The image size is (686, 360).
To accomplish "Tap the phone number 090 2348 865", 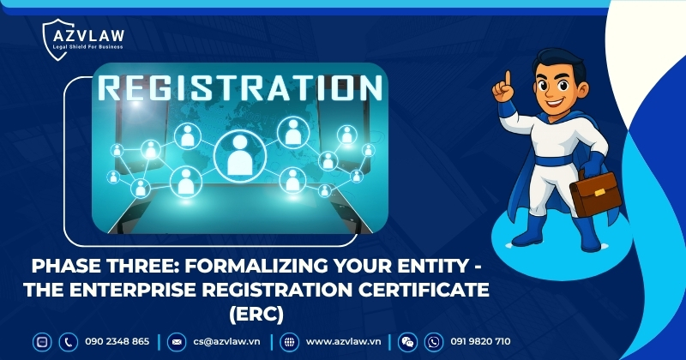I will tap(117, 341).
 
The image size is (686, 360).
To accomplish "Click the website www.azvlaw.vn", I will tap(343, 341).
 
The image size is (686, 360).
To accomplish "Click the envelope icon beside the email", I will tap(177, 341).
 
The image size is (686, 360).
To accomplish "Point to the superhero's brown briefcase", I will tap(596, 194).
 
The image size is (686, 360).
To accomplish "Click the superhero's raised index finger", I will tap(507, 80).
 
